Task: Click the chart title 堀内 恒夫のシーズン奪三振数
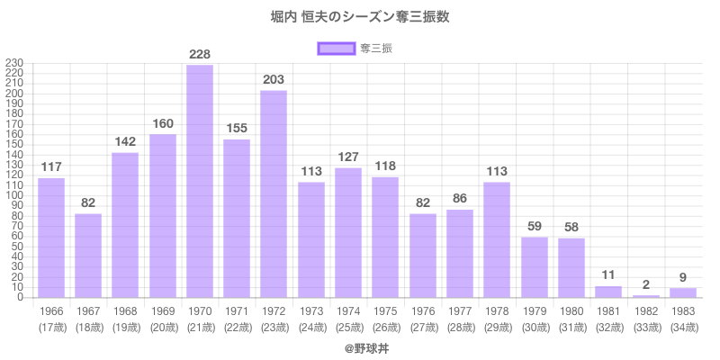point(360,17)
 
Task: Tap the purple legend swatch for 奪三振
point(336,48)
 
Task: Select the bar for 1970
point(200,180)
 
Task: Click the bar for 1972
point(274,193)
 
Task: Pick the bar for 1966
point(51,238)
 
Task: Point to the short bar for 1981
point(608,292)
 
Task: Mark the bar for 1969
point(163,216)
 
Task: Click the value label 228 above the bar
point(200,55)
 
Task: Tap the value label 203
point(274,80)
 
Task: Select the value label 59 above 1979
point(535,227)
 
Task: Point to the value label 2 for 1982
point(646,284)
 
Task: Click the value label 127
point(348,157)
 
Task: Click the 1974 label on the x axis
point(348,311)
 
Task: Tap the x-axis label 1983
point(683,311)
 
